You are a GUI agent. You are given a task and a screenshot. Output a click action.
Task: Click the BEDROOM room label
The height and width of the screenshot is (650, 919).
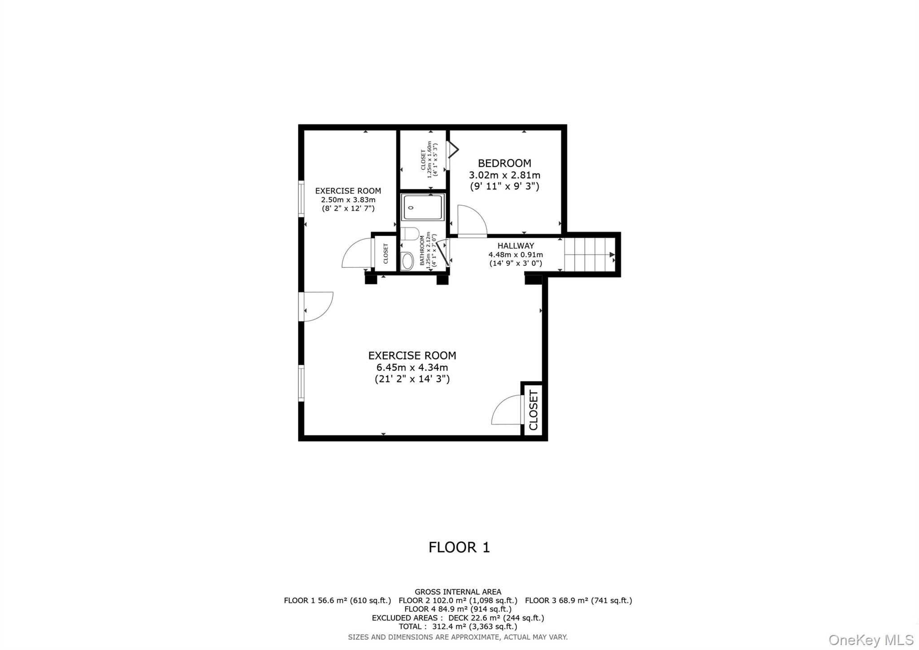pyautogui.click(x=504, y=163)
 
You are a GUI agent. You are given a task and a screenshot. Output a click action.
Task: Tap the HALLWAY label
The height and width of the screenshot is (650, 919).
pyautogui.click(x=516, y=246)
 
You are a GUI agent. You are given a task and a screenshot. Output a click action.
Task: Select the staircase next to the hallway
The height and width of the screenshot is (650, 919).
pyautogui.click(x=588, y=255)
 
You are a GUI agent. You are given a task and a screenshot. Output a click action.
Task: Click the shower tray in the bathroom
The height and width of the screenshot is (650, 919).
pyautogui.click(x=423, y=207)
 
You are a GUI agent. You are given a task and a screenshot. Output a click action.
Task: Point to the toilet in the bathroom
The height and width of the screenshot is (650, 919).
pyautogui.click(x=409, y=234)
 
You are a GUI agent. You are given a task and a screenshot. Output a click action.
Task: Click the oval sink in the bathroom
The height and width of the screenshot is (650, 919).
pyautogui.click(x=407, y=261)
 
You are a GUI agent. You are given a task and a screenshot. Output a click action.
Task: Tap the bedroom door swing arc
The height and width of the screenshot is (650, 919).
pyautogui.click(x=472, y=220)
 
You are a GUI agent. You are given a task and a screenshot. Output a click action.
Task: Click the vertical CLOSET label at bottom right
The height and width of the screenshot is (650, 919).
pyautogui.click(x=533, y=410)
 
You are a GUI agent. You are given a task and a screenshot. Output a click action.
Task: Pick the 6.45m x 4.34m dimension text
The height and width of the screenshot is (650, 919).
pyautogui.click(x=412, y=367)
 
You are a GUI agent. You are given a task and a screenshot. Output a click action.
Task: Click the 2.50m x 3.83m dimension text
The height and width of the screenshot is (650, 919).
pyautogui.click(x=348, y=199)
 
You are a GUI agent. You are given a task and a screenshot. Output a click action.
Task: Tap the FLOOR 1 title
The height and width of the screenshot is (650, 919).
pyautogui.click(x=459, y=547)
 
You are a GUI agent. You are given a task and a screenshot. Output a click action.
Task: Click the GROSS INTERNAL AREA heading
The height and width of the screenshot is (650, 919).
pyautogui.click(x=458, y=592)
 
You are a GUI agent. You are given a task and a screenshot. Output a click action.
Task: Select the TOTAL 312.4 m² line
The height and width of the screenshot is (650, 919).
pyautogui.click(x=458, y=626)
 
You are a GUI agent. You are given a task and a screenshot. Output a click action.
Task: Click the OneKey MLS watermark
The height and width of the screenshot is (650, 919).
pyautogui.click(x=871, y=639)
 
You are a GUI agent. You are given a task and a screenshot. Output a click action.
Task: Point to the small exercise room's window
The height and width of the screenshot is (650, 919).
pyautogui.click(x=302, y=199)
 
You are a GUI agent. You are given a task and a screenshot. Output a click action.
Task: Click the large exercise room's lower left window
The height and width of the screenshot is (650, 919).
pyautogui.click(x=302, y=383)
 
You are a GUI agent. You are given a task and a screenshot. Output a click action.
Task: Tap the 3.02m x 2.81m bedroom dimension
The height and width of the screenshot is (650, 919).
pyautogui.click(x=504, y=175)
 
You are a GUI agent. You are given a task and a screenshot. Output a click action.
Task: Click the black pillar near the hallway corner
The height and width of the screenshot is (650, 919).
pyautogui.click(x=533, y=280)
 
